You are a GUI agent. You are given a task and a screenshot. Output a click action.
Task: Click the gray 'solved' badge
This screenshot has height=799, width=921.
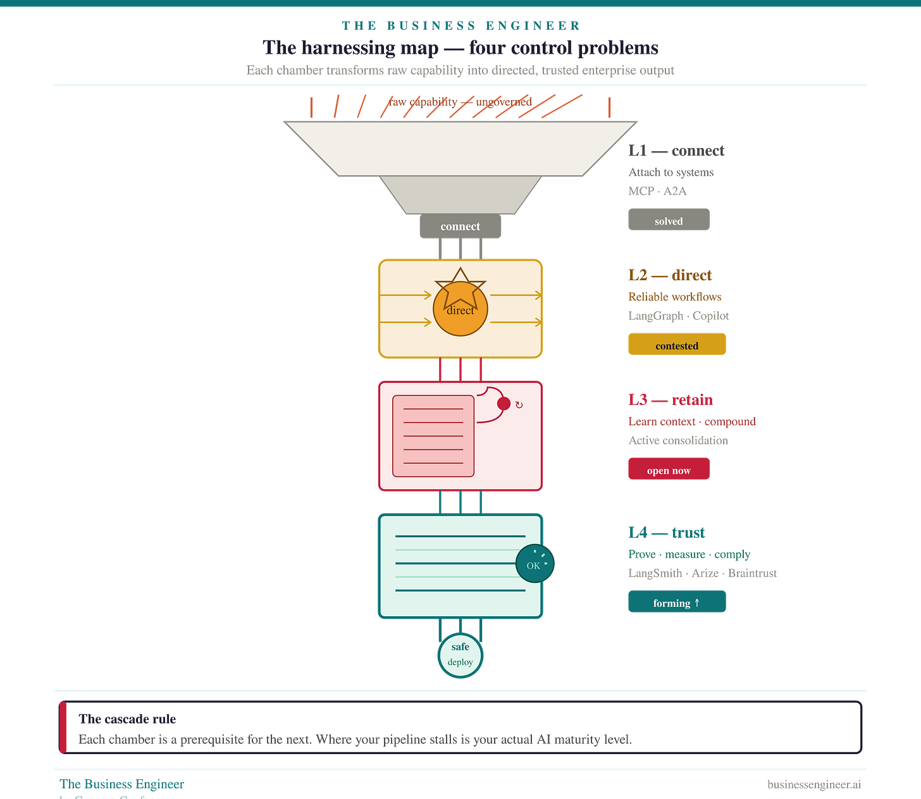pos(669,220)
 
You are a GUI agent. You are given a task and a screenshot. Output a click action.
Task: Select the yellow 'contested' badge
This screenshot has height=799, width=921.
pos(677,345)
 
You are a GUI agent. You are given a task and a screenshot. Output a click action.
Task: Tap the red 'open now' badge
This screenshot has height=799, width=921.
pos(669,469)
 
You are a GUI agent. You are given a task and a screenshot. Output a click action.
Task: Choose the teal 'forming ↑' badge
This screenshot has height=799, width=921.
pos(677,602)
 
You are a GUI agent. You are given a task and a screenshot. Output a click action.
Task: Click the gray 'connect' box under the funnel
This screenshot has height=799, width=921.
pos(460,226)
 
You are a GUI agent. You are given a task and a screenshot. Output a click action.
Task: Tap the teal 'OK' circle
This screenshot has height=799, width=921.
pos(535,564)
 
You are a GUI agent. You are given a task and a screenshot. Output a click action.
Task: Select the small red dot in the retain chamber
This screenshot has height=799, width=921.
pos(504,404)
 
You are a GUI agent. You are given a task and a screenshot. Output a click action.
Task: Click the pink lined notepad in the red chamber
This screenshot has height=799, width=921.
pos(433,436)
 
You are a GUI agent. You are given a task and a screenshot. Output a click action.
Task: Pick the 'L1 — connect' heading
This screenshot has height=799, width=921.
pos(676,151)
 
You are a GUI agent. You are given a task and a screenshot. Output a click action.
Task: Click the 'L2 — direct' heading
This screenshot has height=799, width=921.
pos(670,275)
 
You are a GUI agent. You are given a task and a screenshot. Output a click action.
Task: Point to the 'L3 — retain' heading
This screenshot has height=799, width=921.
pos(671,400)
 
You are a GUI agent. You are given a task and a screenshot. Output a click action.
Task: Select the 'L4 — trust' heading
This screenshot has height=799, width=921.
pos(666,533)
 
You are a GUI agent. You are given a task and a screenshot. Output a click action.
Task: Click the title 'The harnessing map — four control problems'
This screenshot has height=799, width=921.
pos(460,48)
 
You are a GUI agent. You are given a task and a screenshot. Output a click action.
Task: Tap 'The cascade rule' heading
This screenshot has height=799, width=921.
pos(128,719)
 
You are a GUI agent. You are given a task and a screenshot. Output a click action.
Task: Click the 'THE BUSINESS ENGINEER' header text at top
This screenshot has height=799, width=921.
pos(460,25)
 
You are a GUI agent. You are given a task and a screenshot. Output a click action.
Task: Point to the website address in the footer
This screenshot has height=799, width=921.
pos(813,785)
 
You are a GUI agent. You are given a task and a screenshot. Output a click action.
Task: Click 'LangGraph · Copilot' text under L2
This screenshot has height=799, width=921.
pos(679,316)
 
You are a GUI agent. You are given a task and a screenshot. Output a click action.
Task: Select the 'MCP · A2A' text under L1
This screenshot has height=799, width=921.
pos(657,191)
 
